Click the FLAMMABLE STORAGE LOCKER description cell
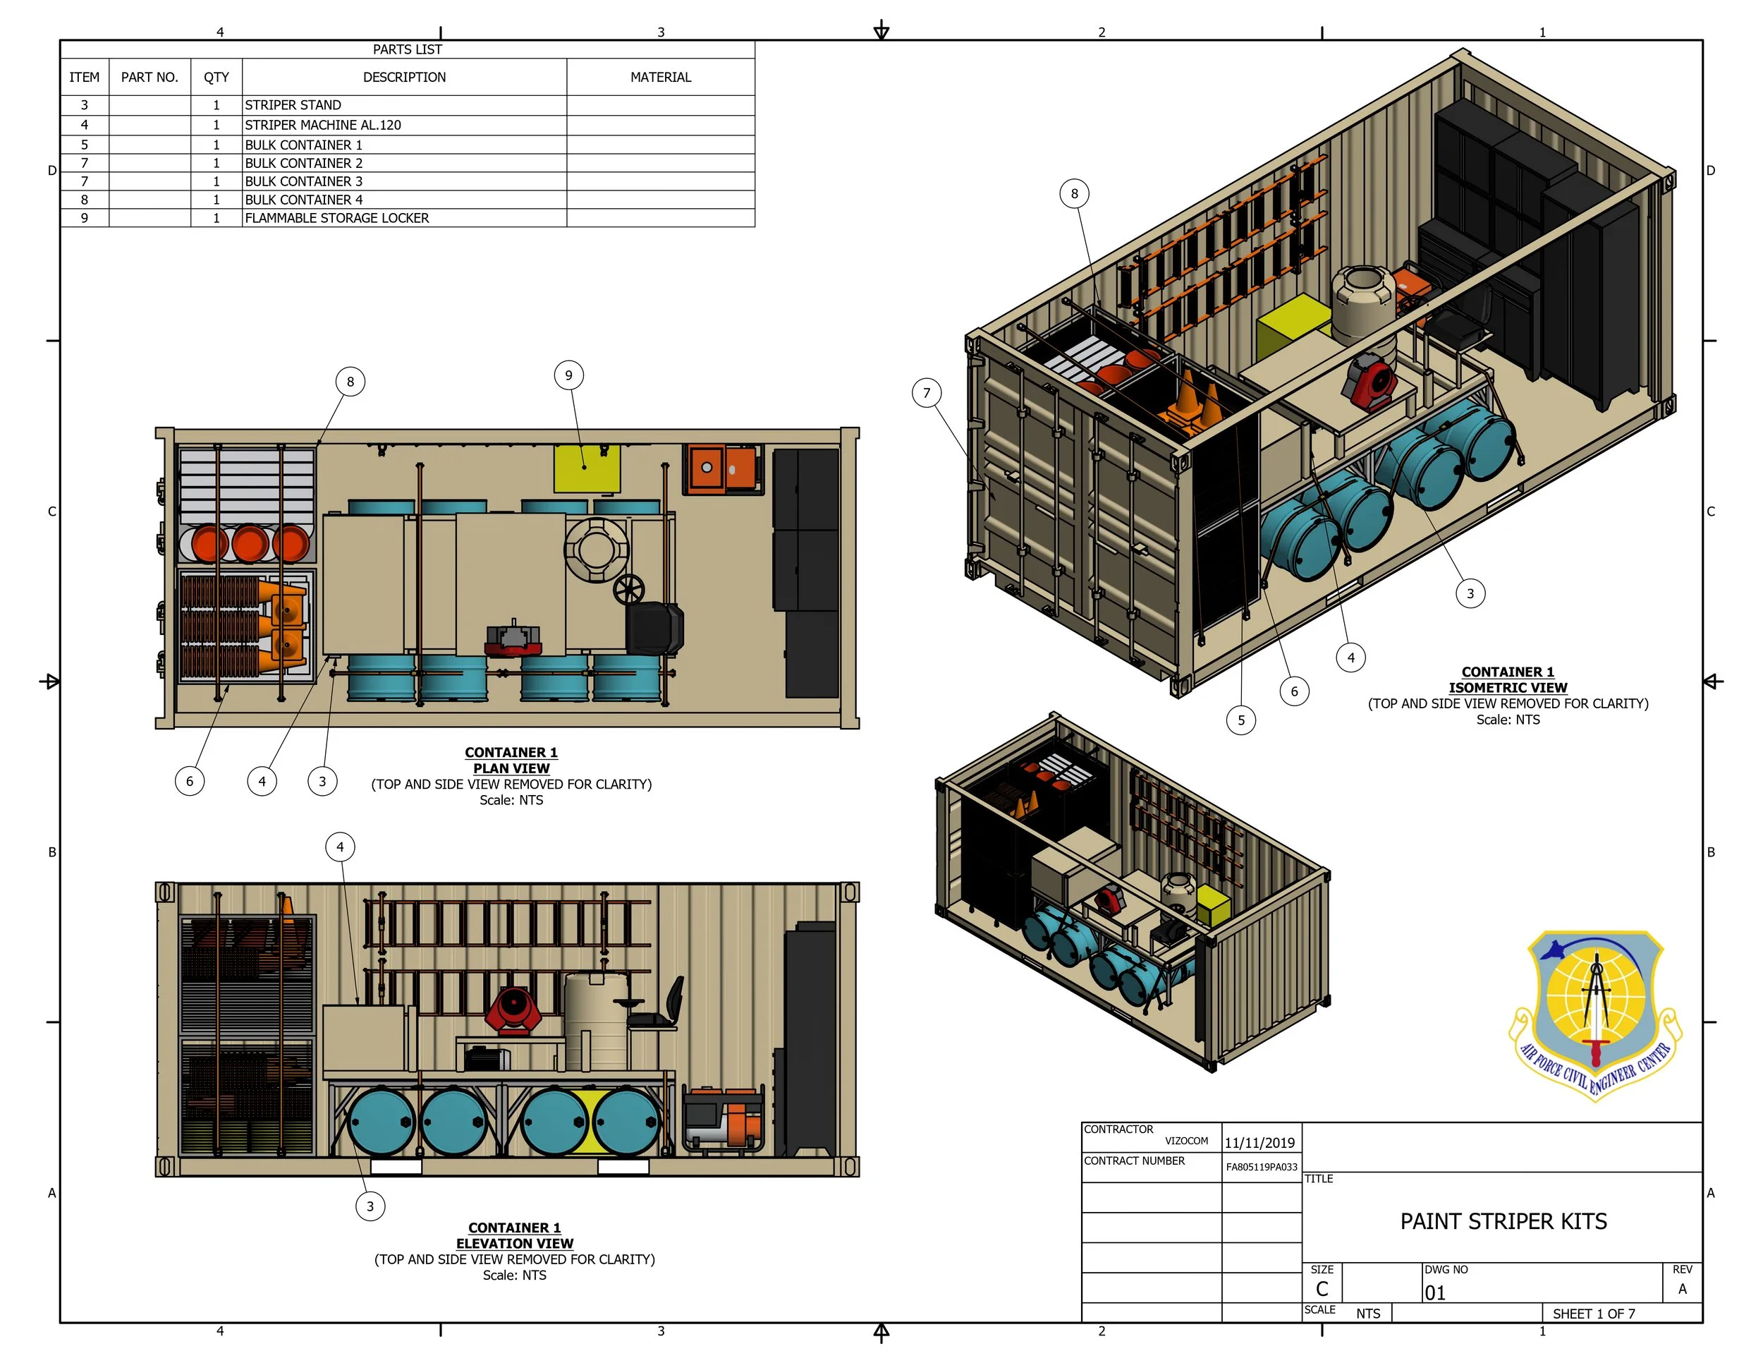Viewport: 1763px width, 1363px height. (336, 218)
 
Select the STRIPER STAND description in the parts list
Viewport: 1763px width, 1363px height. (293, 105)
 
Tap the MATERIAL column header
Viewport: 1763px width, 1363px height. (660, 78)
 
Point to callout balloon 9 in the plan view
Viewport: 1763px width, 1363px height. (569, 375)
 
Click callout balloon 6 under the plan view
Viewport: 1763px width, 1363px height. (190, 781)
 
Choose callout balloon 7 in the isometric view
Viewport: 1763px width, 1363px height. (927, 393)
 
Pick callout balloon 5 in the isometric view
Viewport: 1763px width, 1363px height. (1242, 720)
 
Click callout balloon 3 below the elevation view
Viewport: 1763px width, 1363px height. (370, 1206)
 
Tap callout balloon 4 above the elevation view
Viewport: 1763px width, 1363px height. (340, 847)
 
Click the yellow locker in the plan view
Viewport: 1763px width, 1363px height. (587, 468)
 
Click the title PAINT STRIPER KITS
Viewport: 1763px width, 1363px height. (1503, 1221)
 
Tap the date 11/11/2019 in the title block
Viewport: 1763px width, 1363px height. (1259, 1143)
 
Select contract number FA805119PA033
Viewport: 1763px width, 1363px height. (1262, 1167)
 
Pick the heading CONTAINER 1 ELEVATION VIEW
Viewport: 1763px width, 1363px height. (515, 1235)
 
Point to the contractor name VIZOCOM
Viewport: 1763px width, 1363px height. (1187, 1141)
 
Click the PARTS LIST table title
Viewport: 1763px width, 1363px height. (407, 49)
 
